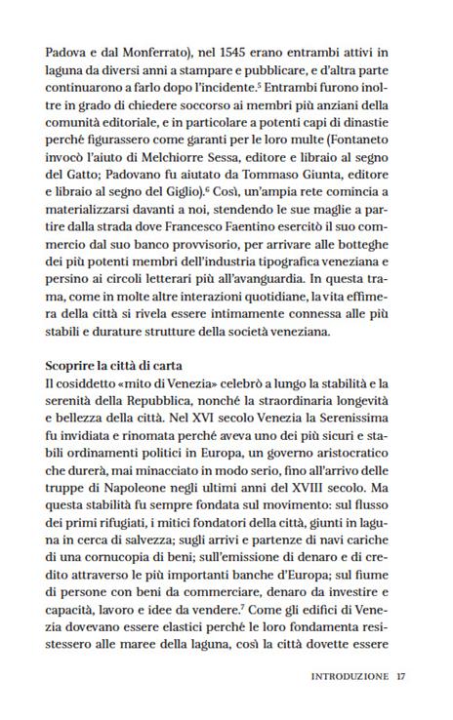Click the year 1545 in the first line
pyautogui.click(x=208, y=46)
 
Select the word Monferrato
pyautogui.click(x=129, y=46)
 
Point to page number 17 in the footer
pyautogui.click(x=401, y=675)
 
